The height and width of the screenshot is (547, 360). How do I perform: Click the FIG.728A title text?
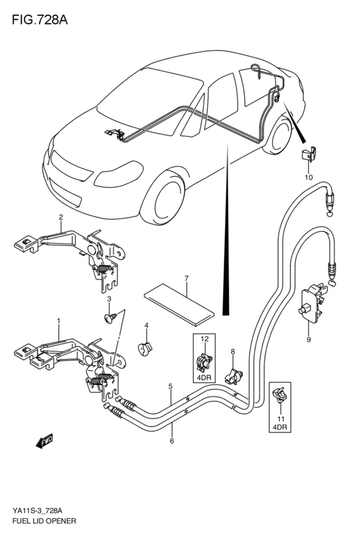pos(40,20)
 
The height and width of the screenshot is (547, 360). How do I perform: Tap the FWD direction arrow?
pos(44,441)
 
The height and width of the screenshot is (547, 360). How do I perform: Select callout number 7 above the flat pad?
pos(186,278)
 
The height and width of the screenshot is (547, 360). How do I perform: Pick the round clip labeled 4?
pos(145,348)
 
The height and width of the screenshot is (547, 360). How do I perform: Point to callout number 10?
pos(309,177)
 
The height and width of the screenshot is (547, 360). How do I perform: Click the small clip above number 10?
pos(309,154)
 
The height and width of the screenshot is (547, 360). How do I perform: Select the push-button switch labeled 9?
pos(310,303)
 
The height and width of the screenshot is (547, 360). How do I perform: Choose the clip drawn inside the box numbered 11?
pos(280,397)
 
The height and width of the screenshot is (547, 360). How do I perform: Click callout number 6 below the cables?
pos(172,441)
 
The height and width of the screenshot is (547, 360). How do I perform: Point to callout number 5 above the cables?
pos(170,386)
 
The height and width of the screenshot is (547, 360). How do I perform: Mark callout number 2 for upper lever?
pos(60,217)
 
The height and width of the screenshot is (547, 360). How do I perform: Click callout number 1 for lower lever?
pos(59,320)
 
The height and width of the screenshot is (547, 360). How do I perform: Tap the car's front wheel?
pos(163,198)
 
